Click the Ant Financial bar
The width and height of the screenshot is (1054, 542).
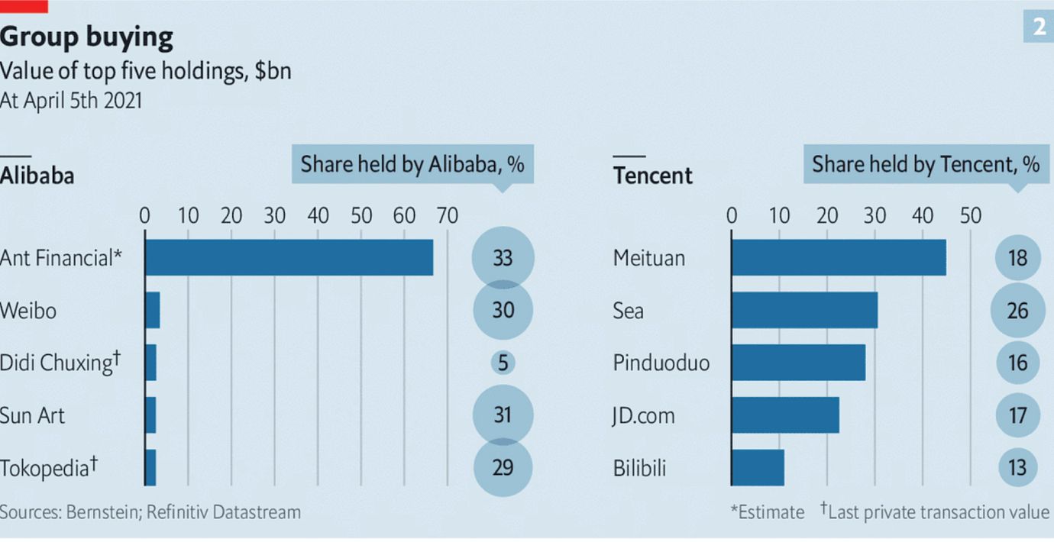tap(289, 258)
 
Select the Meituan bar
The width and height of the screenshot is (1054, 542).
tap(838, 258)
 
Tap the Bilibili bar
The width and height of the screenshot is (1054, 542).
tap(758, 467)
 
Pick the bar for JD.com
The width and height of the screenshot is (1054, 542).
tap(785, 415)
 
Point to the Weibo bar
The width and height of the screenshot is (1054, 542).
tap(152, 310)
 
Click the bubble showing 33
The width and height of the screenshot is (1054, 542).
tap(503, 258)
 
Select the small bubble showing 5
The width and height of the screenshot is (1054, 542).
tap(503, 363)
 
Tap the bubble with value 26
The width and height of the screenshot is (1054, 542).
tap(1017, 311)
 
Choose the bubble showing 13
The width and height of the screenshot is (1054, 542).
tap(1017, 467)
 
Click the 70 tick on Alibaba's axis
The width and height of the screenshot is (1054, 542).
tap(448, 216)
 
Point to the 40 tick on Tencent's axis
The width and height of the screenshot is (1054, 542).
tap(923, 216)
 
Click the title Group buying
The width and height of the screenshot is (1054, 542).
tap(86, 37)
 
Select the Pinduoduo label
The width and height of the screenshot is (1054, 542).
tap(661, 363)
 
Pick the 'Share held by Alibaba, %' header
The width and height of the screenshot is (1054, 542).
tap(412, 165)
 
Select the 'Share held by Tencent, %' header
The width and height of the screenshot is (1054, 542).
tap(925, 165)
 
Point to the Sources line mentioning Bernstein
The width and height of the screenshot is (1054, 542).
tap(150, 511)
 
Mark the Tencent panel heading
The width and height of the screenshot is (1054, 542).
tap(652, 176)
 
